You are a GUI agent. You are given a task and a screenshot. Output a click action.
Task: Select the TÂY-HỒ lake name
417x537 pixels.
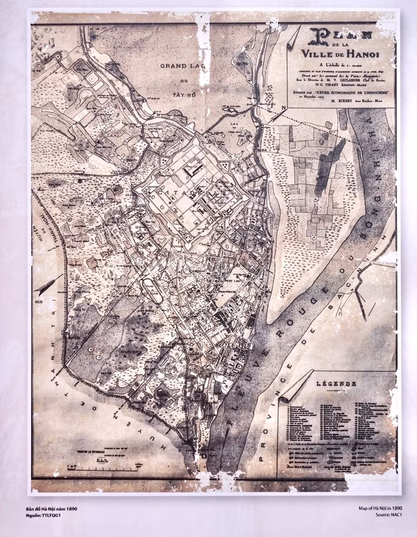tap(180, 95)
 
